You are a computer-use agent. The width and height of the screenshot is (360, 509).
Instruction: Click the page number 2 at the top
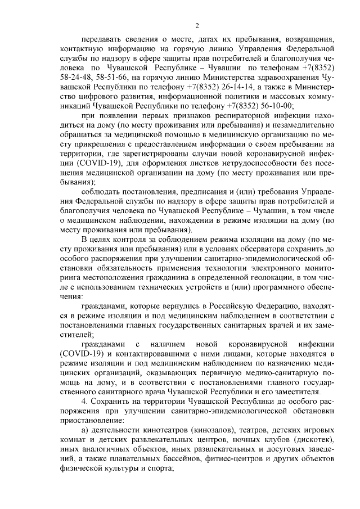coord(197,25)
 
